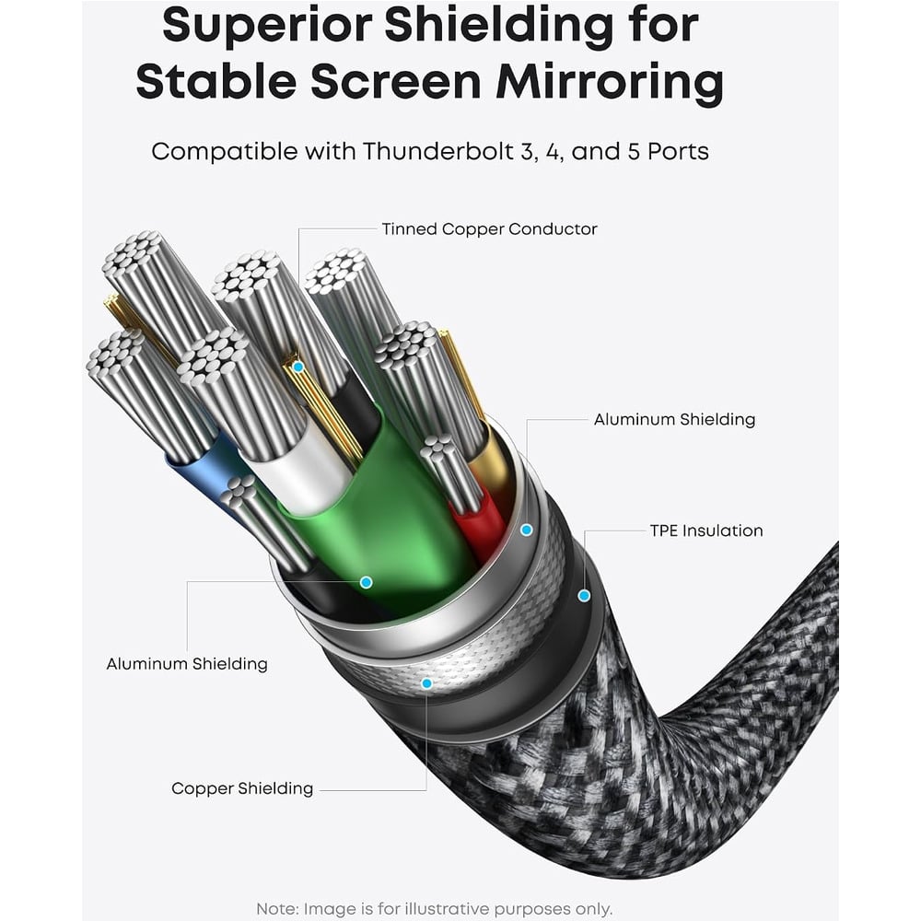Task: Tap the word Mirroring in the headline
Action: coord(609,81)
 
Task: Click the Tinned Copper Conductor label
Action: coord(489,229)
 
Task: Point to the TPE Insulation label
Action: coord(706,531)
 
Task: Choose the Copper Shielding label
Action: coord(242,788)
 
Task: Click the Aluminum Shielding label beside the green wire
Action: coord(674,419)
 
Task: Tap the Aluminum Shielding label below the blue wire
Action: coord(187,664)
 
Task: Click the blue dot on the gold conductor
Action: coord(298,367)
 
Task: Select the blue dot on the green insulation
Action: coord(366,582)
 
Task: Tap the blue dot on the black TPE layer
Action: coord(584,596)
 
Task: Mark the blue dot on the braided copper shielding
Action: coord(427,683)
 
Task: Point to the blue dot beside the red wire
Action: coord(527,530)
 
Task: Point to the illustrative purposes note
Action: coord(434,909)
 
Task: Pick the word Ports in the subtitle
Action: coord(678,152)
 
